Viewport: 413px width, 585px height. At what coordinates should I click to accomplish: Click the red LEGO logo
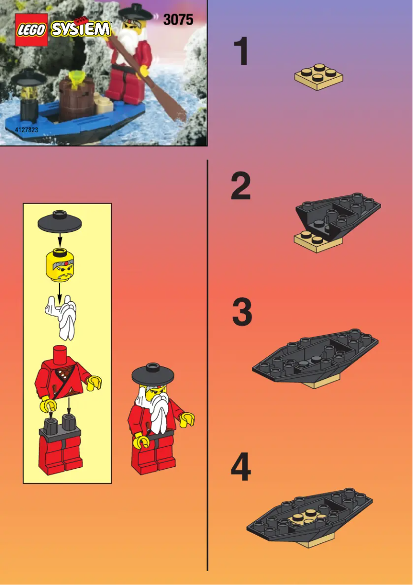click(x=31, y=30)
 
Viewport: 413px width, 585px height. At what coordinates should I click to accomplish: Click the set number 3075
click(x=178, y=20)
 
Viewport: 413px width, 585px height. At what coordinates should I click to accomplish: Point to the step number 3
click(x=242, y=313)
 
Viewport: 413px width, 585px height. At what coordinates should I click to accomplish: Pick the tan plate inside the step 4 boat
click(x=304, y=520)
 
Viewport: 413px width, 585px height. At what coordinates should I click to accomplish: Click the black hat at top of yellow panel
click(x=60, y=222)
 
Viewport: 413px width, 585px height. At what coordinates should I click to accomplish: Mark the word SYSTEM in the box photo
click(x=80, y=29)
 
